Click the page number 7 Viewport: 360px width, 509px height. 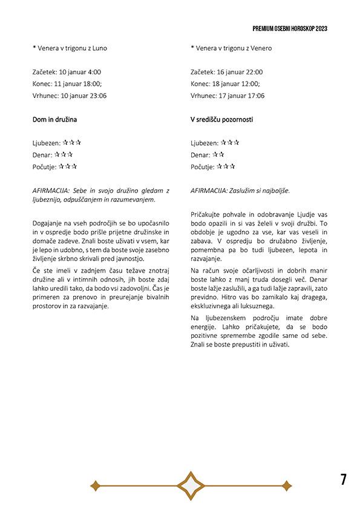(344, 479)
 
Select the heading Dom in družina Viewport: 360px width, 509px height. (54, 120)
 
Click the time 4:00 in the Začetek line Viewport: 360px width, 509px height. (93, 72)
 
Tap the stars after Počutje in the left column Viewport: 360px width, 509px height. (68, 166)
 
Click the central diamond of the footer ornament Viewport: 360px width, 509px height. (191, 485)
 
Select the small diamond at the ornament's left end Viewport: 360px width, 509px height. (95, 485)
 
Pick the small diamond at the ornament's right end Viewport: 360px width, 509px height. (286, 485)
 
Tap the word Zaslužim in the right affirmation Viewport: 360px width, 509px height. (241, 190)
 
